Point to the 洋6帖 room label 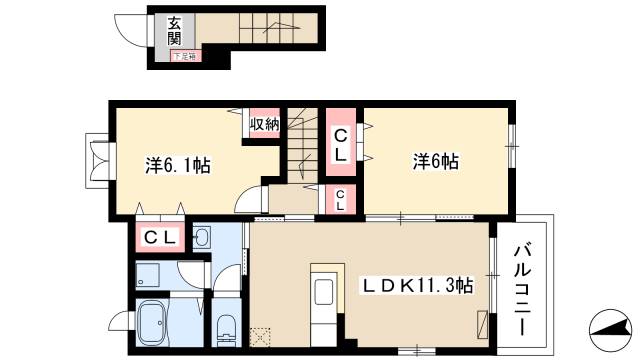[x=436, y=160]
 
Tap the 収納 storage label [x=264, y=124]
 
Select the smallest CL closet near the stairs [x=341, y=199]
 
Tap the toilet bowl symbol [x=226, y=327]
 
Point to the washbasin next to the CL [x=201, y=238]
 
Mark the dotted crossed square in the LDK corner [x=260, y=338]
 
